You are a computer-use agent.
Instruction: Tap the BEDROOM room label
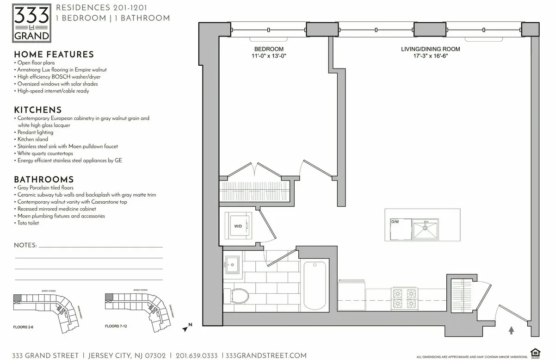[269, 49]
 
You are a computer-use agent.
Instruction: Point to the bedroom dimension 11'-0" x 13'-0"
[269, 56]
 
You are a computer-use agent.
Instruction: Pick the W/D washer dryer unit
[239, 226]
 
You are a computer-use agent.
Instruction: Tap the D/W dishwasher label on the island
[395, 222]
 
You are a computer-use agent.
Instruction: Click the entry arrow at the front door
[511, 330]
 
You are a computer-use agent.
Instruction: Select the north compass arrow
[187, 328]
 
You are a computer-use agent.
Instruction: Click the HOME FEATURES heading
[54, 55]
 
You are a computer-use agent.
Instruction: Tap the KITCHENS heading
[38, 110]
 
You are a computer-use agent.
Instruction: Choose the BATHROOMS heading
[43, 180]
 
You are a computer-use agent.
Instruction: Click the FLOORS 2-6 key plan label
[23, 327]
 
